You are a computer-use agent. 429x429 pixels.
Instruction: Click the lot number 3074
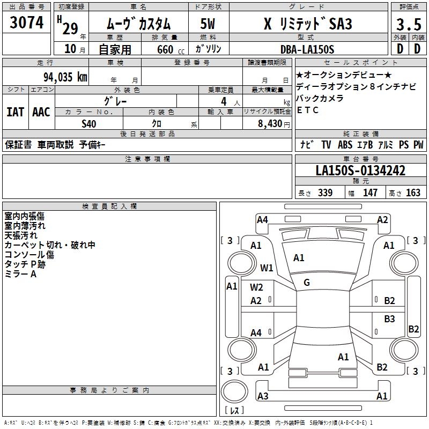[x=27, y=23]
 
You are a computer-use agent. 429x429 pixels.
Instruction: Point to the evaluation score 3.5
[x=408, y=25]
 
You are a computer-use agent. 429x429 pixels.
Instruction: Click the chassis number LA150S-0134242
[x=360, y=171]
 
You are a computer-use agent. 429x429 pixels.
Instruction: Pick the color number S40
[x=90, y=123]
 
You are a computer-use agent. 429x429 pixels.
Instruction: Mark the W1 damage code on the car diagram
[x=267, y=268]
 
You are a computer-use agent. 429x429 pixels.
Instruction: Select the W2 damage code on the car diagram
[x=257, y=287]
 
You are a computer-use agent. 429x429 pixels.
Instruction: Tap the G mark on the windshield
[x=307, y=283]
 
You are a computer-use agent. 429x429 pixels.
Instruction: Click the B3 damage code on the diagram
[x=389, y=319]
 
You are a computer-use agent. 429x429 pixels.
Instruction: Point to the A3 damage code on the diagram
[x=263, y=396]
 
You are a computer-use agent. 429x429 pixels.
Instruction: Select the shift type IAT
[x=16, y=112]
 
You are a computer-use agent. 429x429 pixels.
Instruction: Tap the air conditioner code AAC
[x=41, y=112]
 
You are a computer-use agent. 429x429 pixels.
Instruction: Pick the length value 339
[x=324, y=193]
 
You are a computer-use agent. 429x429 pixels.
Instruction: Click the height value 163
[x=413, y=193]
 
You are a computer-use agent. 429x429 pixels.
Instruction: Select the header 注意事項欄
[x=147, y=159]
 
